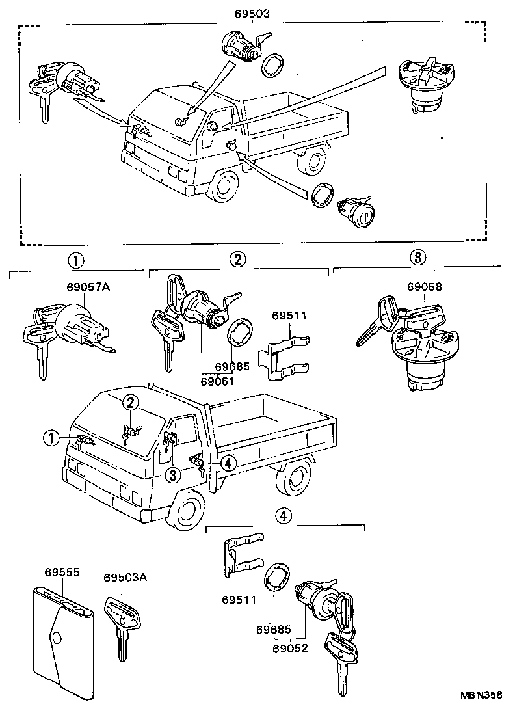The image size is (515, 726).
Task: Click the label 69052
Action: tap(289, 649)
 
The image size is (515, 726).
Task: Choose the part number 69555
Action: tap(62, 572)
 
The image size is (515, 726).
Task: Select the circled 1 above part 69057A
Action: tap(76, 261)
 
